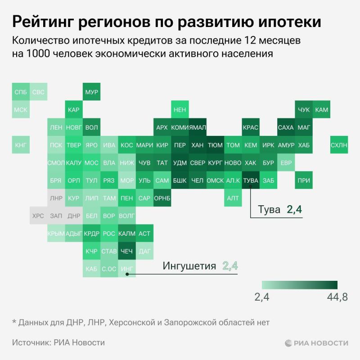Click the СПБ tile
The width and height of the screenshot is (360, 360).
(x=20, y=92)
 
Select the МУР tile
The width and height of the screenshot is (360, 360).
(x=91, y=92)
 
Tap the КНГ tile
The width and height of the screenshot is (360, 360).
(x=20, y=145)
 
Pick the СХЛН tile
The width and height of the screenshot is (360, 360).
(x=339, y=145)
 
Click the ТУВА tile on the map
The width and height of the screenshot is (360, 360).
(x=250, y=180)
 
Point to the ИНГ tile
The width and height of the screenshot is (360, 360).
(x=127, y=269)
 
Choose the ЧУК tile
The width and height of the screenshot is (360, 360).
(x=304, y=109)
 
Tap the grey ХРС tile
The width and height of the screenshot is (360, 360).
(x=38, y=216)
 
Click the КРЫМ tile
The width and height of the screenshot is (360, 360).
(x=56, y=234)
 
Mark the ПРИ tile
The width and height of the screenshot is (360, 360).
(x=304, y=180)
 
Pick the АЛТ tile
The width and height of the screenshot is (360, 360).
(x=233, y=198)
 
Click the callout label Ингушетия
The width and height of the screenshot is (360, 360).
(x=189, y=266)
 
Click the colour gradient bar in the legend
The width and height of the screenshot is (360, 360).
(x=300, y=285)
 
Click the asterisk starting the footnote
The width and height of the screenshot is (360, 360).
(x=14, y=322)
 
